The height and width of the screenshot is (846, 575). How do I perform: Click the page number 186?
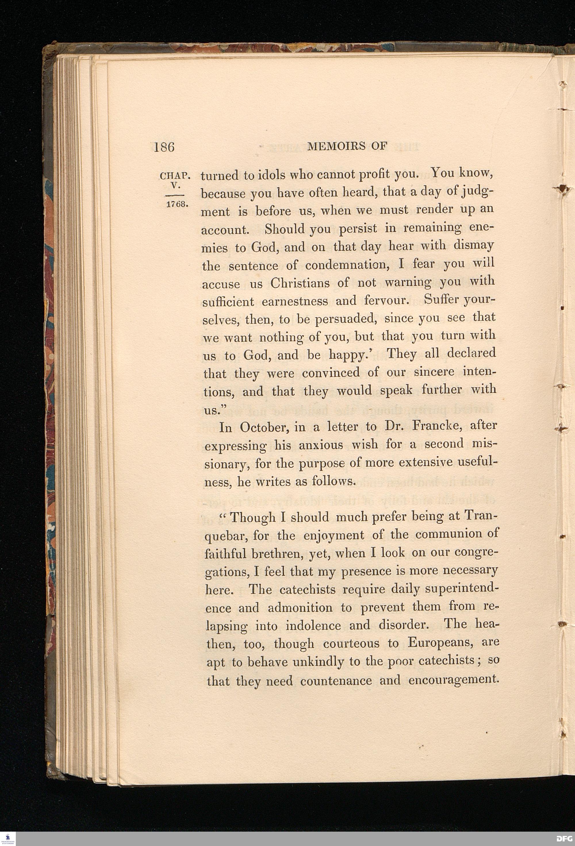tap(164, 147)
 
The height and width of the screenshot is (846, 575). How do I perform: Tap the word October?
tap(263, 427)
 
